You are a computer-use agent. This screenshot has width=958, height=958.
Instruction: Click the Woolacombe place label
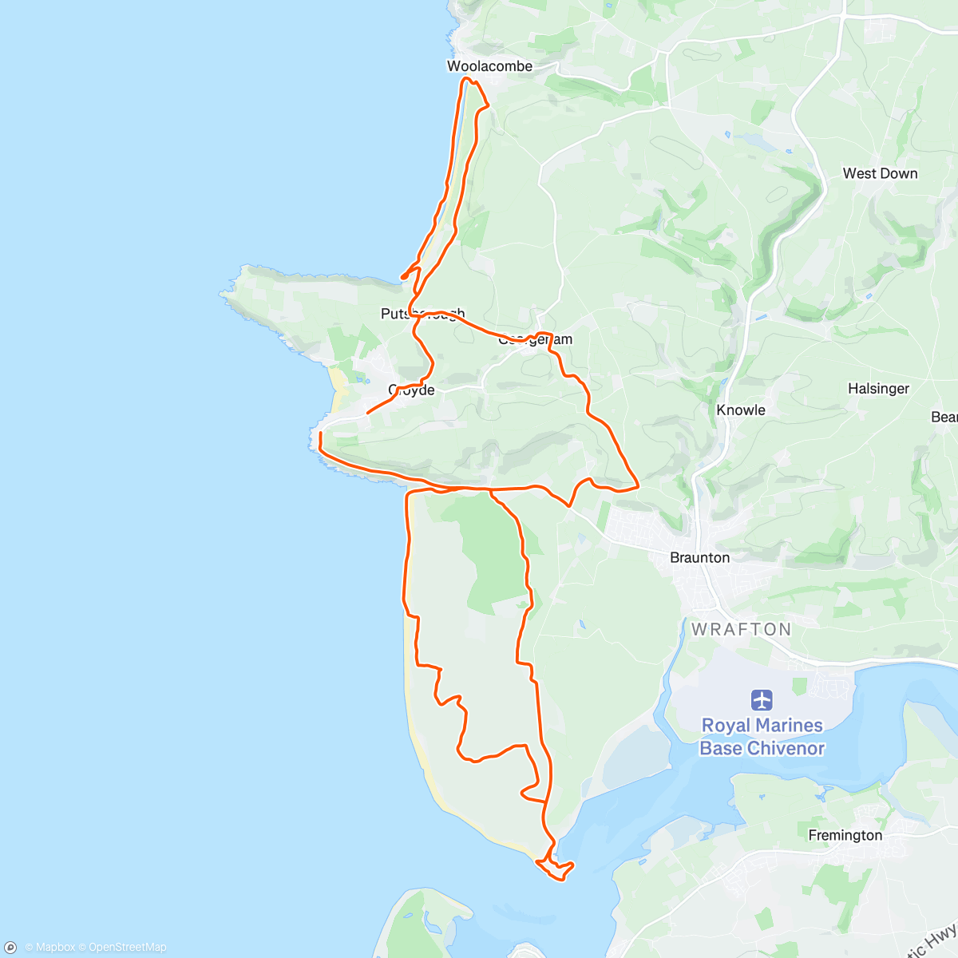click(489, 66)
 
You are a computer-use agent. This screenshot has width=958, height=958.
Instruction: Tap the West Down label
click(880, 173)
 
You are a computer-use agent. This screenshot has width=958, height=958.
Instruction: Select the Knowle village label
click(741, 410)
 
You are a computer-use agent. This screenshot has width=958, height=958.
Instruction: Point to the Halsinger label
click(878, 389)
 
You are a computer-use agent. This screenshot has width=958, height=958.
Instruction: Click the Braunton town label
click(699, 557)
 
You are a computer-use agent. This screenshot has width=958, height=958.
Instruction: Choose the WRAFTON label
click(742, 629)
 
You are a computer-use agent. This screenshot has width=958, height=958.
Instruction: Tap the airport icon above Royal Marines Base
click(762, 700)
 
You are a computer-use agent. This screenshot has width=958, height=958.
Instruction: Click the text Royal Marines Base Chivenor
click(762, 737)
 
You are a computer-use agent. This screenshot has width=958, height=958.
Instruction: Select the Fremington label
click(845, 835)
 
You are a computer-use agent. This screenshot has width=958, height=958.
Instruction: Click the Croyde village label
click(412, 390)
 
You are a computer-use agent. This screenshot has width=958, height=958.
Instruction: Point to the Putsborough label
click(422, 314)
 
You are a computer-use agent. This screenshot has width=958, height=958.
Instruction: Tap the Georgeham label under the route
click(535, 340)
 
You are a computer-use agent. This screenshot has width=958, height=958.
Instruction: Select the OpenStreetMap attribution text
click(127, 948)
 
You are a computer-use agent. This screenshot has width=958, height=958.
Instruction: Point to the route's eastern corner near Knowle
click(637, 485)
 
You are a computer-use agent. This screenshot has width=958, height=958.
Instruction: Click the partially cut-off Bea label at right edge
click(944, 417)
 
